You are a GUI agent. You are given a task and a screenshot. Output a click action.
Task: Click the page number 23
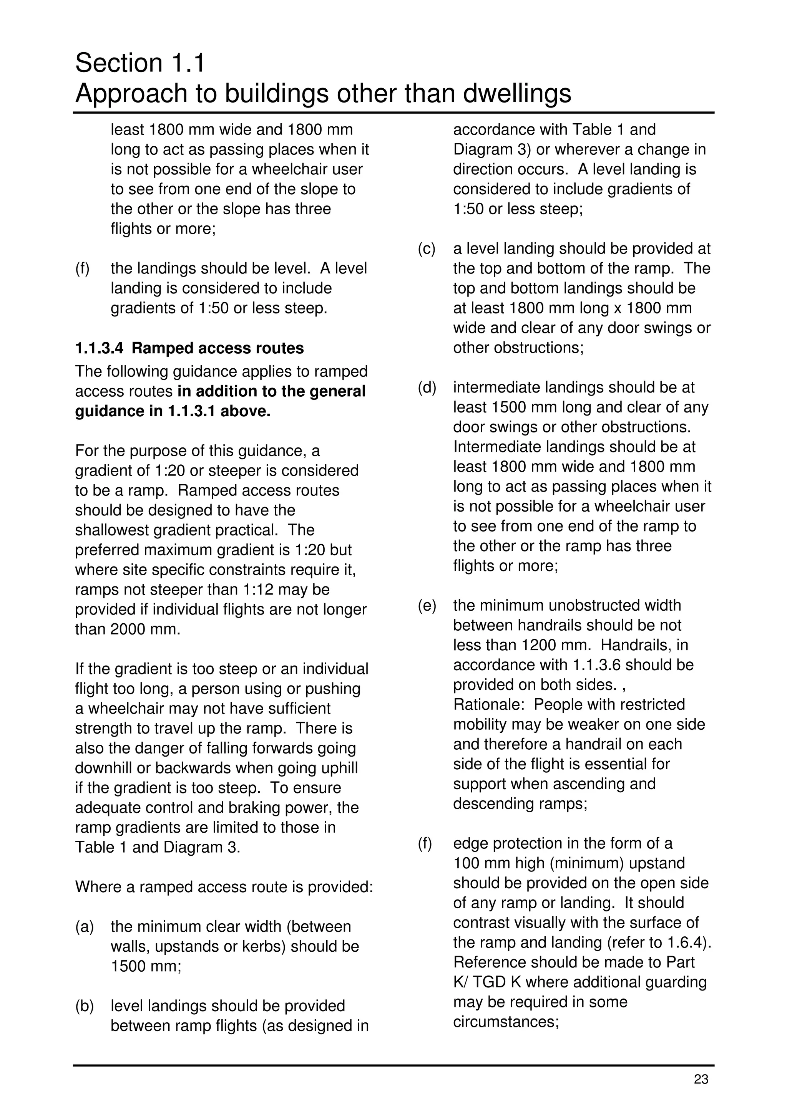(x=701, y=1080)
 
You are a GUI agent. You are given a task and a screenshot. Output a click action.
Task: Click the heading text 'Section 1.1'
(x=140, y=63)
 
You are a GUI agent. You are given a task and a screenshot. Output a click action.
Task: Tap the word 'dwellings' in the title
(x=517, y=94)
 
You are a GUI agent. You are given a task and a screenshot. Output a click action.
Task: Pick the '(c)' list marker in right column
(x=427, y=249)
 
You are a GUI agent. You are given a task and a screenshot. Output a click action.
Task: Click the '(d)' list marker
(x=427, y=387)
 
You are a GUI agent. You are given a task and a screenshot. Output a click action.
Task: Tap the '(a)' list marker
(x=85, y=926)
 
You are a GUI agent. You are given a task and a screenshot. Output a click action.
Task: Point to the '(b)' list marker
(x=85, y=1006)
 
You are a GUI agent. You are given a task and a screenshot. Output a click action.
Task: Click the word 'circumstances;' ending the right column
(x=506, y=1022)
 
